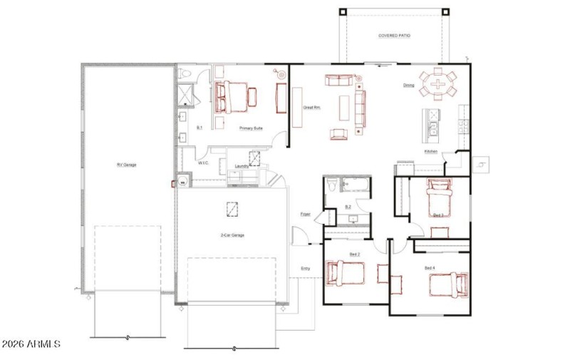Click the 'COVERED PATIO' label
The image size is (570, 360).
click(x=394, y=35)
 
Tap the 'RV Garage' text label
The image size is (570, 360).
click(x=127, y=165)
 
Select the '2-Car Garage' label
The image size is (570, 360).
click(x=232, y=235)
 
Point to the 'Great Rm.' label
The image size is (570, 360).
click(x=311, y=108)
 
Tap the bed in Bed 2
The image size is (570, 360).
click(x=346, y=272)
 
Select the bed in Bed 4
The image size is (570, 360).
click(x=449, y=284)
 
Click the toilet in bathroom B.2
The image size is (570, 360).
click(x=331, y=186)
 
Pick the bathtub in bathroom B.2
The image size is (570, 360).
click(x=354, y=186)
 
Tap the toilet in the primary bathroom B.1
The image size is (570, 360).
click(x=184, y=72)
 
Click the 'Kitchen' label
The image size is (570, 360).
click(x=430, y=151)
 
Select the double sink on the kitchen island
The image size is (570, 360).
click(x=432, y=129)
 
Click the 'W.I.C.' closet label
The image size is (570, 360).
click(x=202, y=163)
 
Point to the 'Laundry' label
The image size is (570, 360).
click(x=242, y=166)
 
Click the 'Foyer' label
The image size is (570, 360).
click(x=305, y=214)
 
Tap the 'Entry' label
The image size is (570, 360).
click(x=305, y=268)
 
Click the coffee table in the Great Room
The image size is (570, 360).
click(x=346, y=107)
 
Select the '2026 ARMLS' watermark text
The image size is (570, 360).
click(x=31, y=344)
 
